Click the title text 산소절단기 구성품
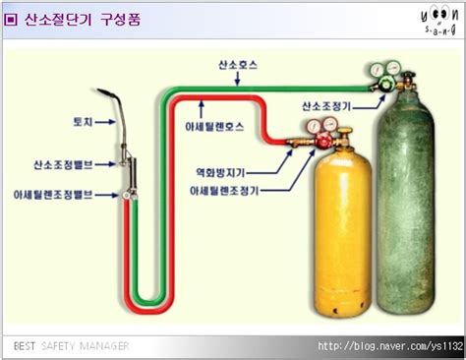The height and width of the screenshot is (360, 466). point(82,18)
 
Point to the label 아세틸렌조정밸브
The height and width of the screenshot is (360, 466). point(53,195)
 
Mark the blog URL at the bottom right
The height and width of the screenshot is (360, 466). point(389,346)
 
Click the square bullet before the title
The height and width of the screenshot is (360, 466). point(11,18)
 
